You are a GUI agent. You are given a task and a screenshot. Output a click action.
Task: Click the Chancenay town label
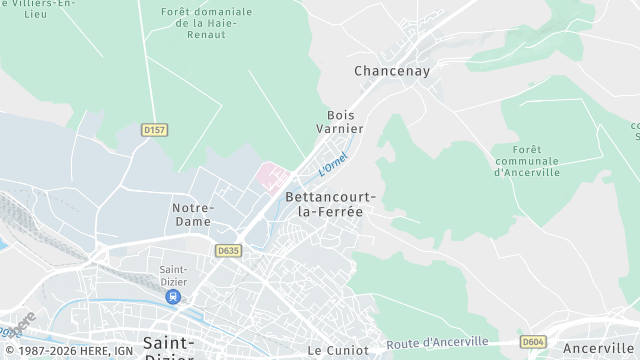click(392, 71)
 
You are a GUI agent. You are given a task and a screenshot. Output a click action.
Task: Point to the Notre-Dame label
click(192, 214)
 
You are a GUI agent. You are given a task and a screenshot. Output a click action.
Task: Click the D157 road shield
click(154, 129)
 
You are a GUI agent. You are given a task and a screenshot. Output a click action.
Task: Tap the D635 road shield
click(228, 251)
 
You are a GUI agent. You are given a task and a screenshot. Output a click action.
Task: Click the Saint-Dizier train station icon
click(175, 296)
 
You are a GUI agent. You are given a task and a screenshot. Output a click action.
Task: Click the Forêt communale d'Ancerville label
click(527, 160)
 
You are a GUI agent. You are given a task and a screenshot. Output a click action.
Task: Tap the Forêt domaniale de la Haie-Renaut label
click(206, 23)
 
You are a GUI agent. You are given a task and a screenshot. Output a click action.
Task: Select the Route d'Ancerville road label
click(451, 343)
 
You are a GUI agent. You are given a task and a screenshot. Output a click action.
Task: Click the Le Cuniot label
click(338, 350)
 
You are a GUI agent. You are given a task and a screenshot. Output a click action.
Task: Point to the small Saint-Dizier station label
click(175, 274)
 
